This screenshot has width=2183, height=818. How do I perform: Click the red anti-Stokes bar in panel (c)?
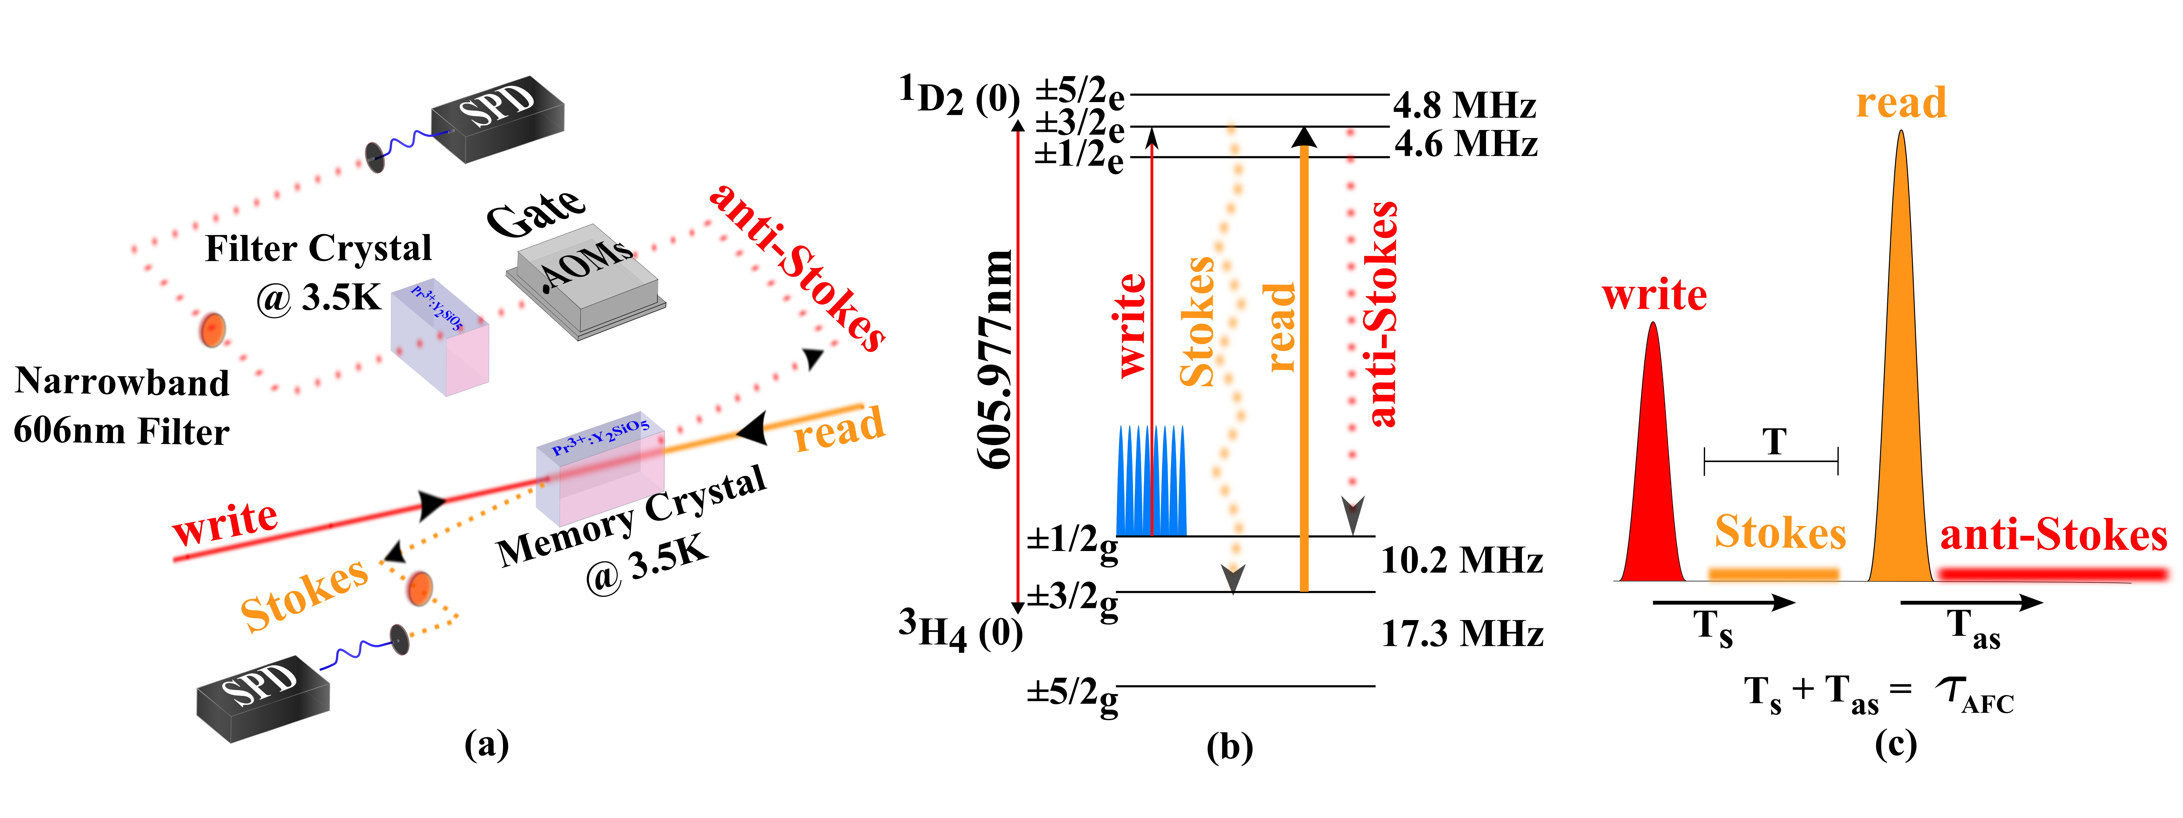pos(2051,574)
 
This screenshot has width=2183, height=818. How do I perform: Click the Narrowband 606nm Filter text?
pos(121,406)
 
